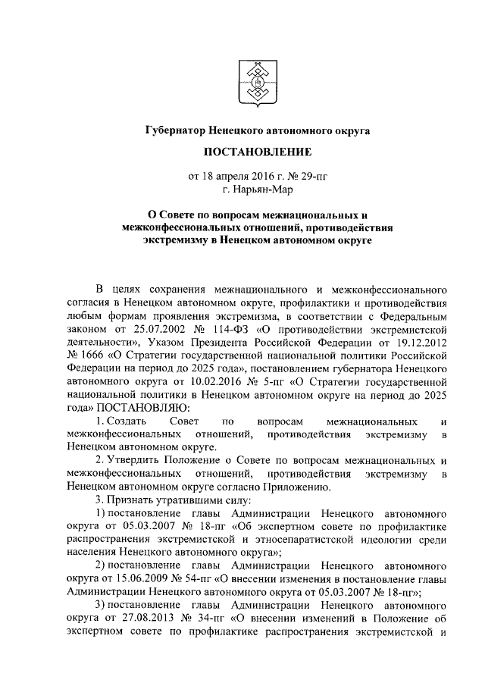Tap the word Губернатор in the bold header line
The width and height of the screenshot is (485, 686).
click(x=175, y=130)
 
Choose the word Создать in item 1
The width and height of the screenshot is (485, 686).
click(x=121, y=421)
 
